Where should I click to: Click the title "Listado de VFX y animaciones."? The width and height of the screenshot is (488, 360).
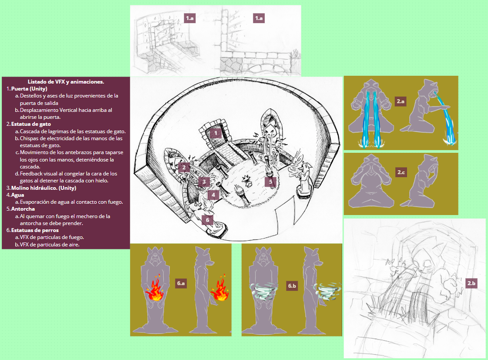point(66,82)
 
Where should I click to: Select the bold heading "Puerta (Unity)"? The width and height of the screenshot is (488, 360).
point(29,89)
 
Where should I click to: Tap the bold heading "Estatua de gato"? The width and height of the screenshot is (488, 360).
point(31,124)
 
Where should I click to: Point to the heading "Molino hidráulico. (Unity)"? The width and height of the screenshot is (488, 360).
point(44,188)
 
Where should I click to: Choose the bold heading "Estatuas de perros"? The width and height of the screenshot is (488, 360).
point(35,230)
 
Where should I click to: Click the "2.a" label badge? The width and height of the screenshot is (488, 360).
point(400,101)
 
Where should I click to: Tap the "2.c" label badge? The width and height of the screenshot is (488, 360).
point(401,172)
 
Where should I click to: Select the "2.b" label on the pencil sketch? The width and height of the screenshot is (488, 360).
point(471,283)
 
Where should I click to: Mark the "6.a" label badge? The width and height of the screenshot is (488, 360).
point(181,283)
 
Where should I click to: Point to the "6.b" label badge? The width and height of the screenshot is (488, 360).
point(292,286)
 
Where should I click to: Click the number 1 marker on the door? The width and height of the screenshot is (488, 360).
point(215,134)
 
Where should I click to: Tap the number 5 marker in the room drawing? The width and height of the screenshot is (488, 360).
point(270,182)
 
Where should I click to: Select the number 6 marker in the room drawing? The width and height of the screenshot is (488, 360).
point(208,220)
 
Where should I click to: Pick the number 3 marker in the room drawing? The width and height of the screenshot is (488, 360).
point(204,182)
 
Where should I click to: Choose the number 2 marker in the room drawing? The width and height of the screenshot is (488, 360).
point(184,168)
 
